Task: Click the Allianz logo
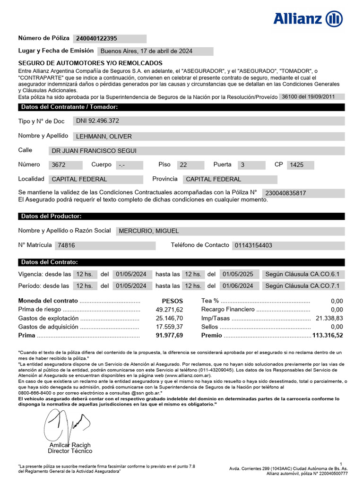(x=308, y=19)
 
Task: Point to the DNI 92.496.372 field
(x=98, y=121)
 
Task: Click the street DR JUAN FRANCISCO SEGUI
(x=94, y=151)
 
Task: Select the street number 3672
(x=60, y=165)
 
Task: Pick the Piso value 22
(x=184, y=165)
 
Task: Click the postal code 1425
(x=296, y=165)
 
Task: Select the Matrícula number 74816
(x=66, y=246)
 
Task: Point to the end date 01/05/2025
(x=238, y=274)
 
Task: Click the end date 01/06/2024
(x=238, y=286)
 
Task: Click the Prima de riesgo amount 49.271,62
(x=169, y=310)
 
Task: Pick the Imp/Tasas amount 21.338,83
(x=329, y=318)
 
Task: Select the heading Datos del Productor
(x=51, y=216)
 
